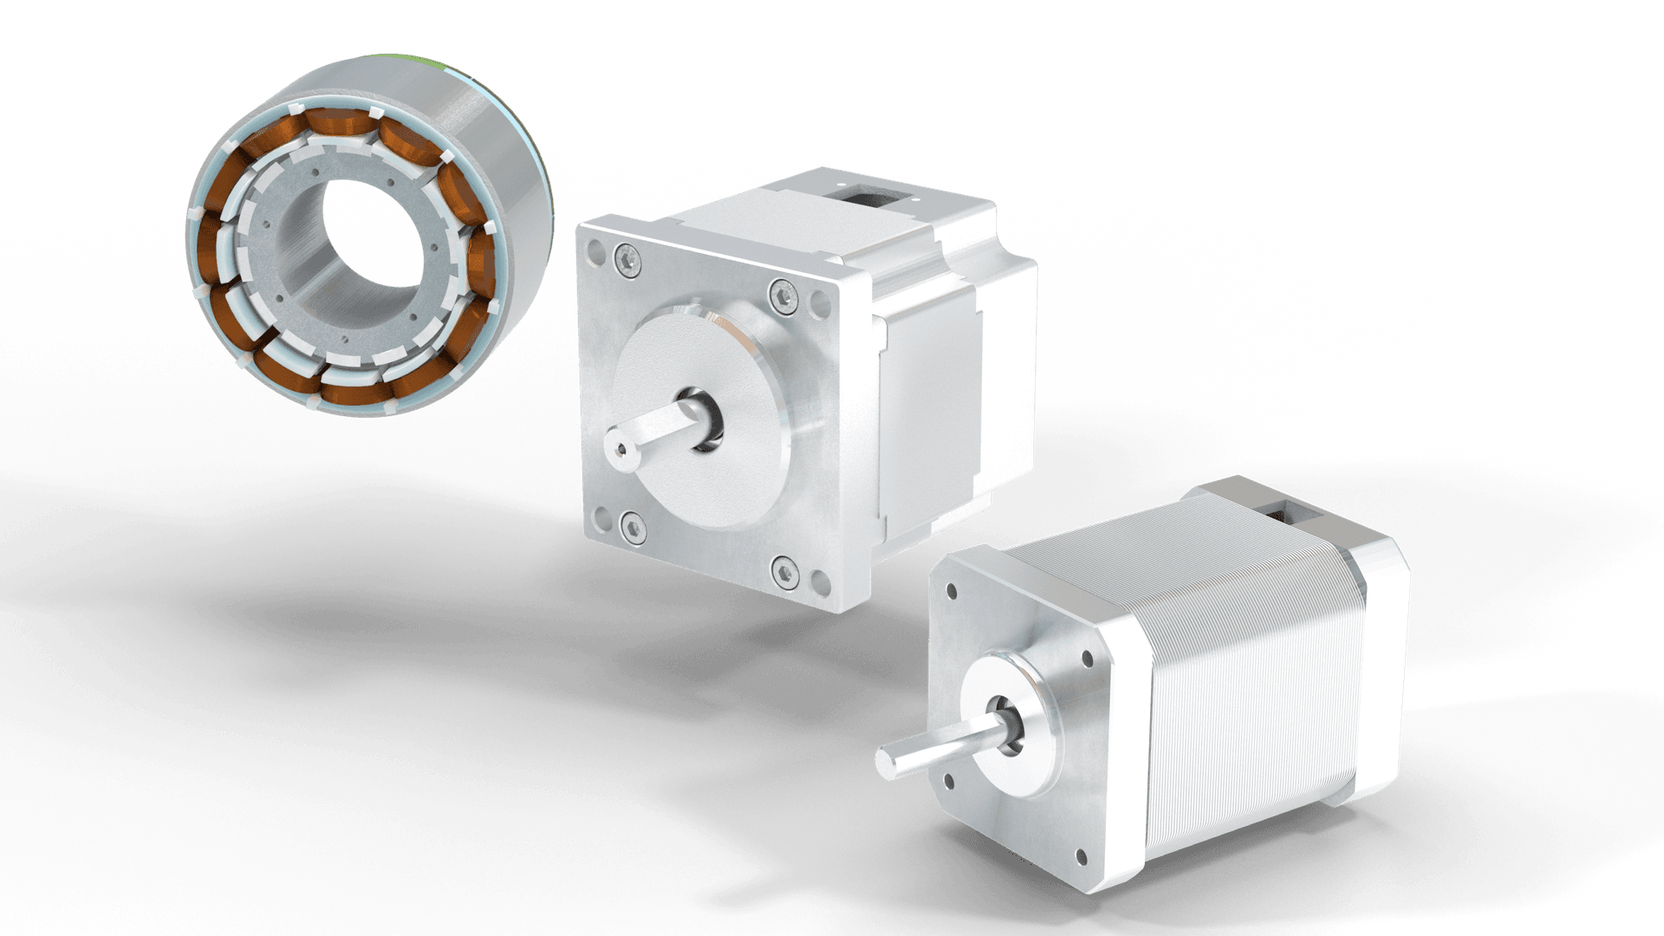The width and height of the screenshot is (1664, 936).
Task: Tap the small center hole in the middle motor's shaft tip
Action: tap(617, 450)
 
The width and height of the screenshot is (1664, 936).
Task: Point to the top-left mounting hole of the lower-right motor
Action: tap(952, 593)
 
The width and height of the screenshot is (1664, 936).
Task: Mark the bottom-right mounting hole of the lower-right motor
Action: tap(1081, 858)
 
